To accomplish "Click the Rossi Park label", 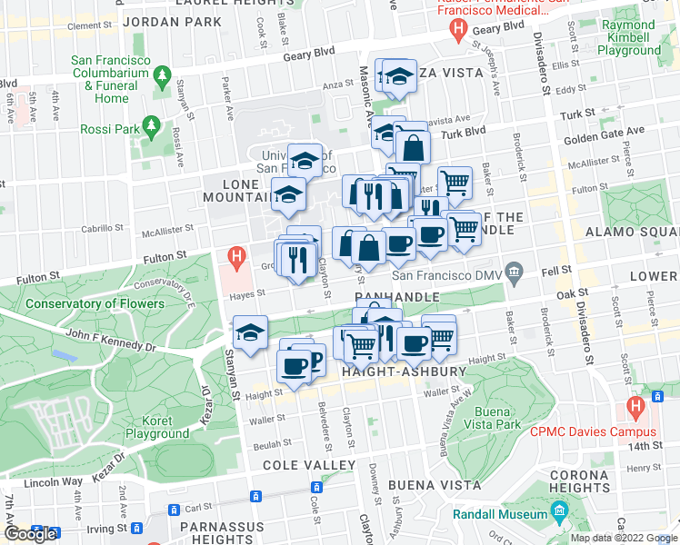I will point(110,130).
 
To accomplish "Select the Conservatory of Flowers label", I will point(95,303).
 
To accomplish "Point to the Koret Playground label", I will point(157,428).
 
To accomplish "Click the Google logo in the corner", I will point(29,534).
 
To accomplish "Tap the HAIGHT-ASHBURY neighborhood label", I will point(404,372).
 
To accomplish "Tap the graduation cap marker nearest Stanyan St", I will point(250,332).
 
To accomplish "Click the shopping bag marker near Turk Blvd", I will point(413,145).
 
